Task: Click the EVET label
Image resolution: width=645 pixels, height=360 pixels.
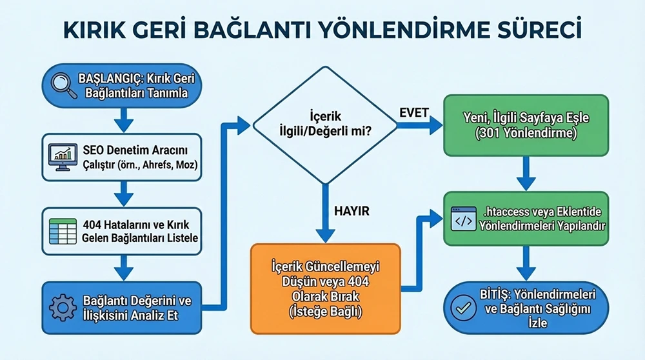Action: [412, 112]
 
